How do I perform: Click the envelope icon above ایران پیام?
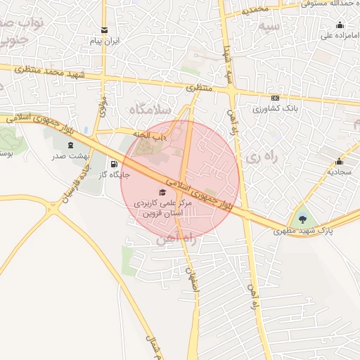click(x=104, y=30)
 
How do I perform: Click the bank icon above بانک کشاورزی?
click(x=275, y=98)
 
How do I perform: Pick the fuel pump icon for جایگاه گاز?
click(x=114, y=164)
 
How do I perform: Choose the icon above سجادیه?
click(x=340, y=160)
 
